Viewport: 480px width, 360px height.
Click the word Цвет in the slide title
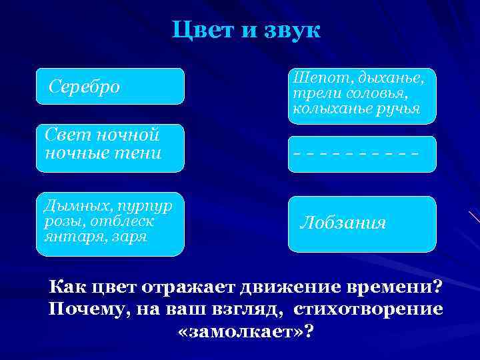[201, 31]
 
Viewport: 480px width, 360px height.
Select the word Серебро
[85, 87]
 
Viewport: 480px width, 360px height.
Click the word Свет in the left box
[67, 136]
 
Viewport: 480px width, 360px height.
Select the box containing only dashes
[361, 154]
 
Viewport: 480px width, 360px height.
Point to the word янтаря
[67, 237]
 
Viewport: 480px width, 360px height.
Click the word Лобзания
[343, 223]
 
